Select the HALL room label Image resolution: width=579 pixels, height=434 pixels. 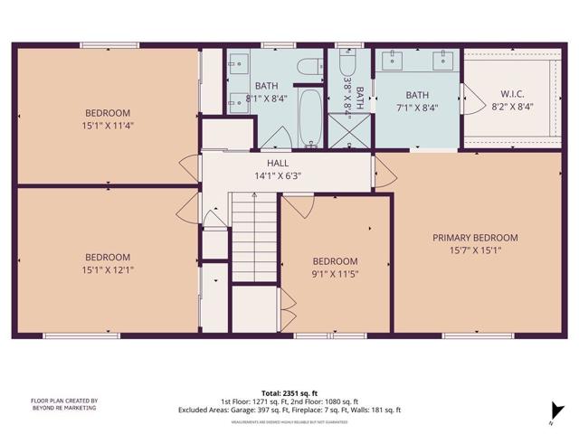(278, 163)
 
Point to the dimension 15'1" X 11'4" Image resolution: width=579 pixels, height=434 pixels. (107, 127)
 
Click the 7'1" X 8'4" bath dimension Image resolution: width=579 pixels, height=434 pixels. (417, 107)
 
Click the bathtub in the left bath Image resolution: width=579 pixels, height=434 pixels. (309, 118)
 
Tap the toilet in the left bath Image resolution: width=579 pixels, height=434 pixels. (309, 67)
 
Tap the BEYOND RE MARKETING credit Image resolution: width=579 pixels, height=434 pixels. (64, 409)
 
